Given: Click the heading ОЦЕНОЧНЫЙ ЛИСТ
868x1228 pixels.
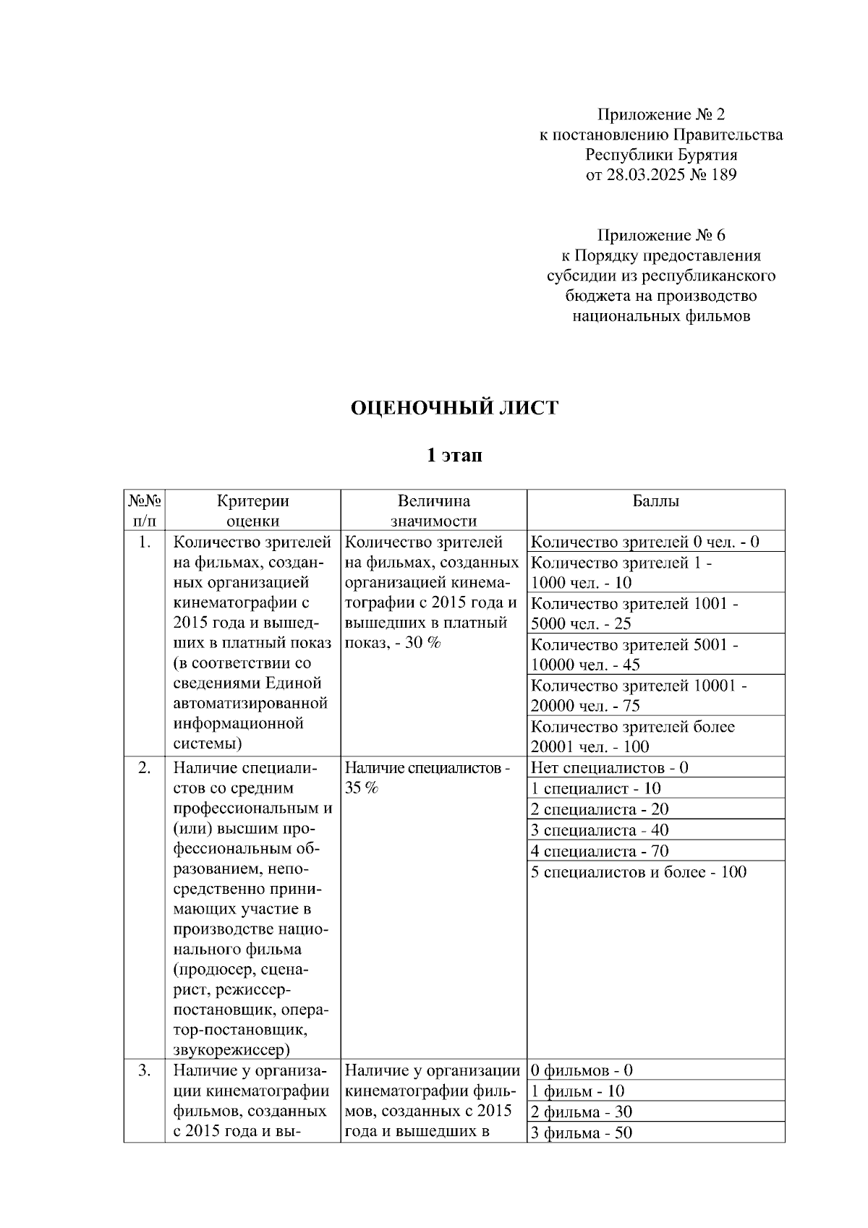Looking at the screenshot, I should click(x=454, y=409).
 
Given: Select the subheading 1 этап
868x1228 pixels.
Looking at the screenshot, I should click(x=454, y=456).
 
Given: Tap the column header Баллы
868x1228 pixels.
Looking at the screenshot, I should click(x=655, y=501).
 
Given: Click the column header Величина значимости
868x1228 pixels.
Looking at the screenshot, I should click(x=433, y=511).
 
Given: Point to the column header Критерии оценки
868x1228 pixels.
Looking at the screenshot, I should click(x=252, y=511).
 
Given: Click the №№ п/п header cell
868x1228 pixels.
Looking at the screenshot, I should click(x=145, y=511).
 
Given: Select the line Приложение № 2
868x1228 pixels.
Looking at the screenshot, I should click(x=660, y=114).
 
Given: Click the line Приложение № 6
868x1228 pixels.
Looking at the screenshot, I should click(x=660, y=235).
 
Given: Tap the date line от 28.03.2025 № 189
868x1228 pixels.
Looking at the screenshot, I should click(x=660, y=174).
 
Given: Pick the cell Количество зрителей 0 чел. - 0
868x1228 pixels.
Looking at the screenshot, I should click(x=644, y=542).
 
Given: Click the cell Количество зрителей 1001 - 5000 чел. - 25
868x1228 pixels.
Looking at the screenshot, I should click(x=634, y=613).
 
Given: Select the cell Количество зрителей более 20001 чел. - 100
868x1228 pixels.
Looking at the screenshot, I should click(x=632, y=736).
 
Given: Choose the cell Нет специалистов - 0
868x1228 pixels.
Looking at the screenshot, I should click(x=609, y=768).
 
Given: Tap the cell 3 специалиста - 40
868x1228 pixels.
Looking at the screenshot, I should click(x=600, y=830).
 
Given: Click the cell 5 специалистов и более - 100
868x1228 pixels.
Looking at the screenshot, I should click(x=638, y=872).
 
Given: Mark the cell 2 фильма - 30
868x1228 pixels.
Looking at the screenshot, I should click(x=582, y=1112).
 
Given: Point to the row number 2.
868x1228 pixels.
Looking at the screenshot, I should click(x=144, y=768).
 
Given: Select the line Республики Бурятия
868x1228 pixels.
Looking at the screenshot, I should click(x=660, y=155).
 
